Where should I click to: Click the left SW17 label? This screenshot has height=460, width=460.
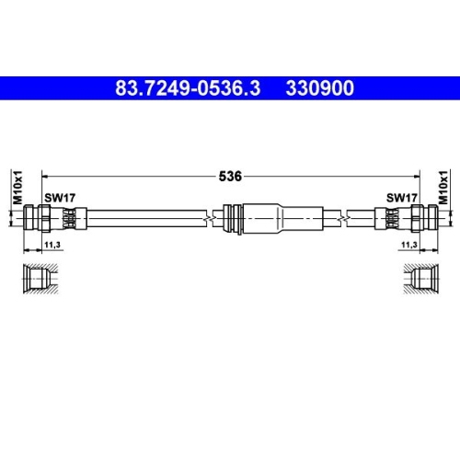pyautogui.click(x=58, y=198)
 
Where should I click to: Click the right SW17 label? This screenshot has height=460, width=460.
pyautogui.click(x=402, y=198)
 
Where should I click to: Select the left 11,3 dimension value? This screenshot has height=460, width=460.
pyautogui.click(x=52, y=245)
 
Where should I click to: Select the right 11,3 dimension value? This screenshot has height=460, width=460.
pyautogui.click(x=408, y=245)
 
